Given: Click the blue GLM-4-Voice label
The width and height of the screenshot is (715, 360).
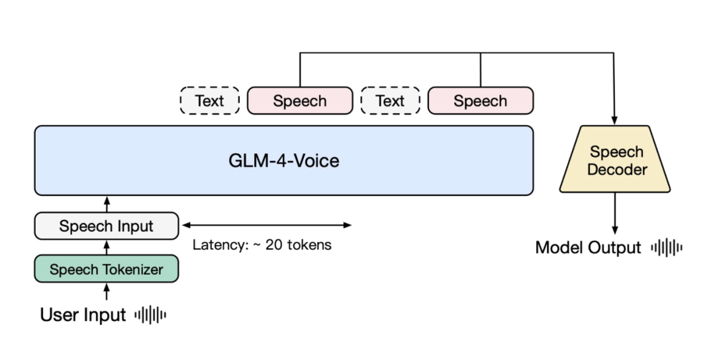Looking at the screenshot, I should pos(283,160).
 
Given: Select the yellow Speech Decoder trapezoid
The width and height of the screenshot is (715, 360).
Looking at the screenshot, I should pos(616,161).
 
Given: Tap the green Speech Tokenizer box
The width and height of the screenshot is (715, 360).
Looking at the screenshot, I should pos(107,269).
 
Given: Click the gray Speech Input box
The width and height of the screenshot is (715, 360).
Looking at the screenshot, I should pos(107,226).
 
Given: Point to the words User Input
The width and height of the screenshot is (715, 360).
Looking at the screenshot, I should pos(83,315).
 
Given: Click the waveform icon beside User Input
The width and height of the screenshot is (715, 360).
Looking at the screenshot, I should pos(150,315).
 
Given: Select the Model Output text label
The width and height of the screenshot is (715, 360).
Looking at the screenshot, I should pos(588,247).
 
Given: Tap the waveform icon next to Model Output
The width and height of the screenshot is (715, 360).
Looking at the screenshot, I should pos(666,247).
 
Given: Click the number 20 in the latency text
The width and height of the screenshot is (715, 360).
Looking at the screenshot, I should pos(273,245).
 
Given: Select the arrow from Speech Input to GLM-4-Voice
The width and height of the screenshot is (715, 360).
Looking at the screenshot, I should pos(107,204).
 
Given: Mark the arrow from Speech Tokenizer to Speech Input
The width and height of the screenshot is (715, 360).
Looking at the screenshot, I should pos(107,247).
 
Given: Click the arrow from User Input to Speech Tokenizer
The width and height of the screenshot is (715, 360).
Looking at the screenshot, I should pos(107,291).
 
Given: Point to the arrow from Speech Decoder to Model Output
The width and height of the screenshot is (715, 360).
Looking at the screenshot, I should pos(616,213).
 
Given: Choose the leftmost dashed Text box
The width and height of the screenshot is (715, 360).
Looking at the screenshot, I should pos(209,101).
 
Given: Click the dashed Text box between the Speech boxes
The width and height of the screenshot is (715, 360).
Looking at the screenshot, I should pos(390,101).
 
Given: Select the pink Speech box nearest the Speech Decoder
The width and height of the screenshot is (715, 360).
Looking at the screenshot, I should pos(481,101).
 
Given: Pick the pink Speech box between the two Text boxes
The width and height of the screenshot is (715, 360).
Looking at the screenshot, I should pos(300,101).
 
